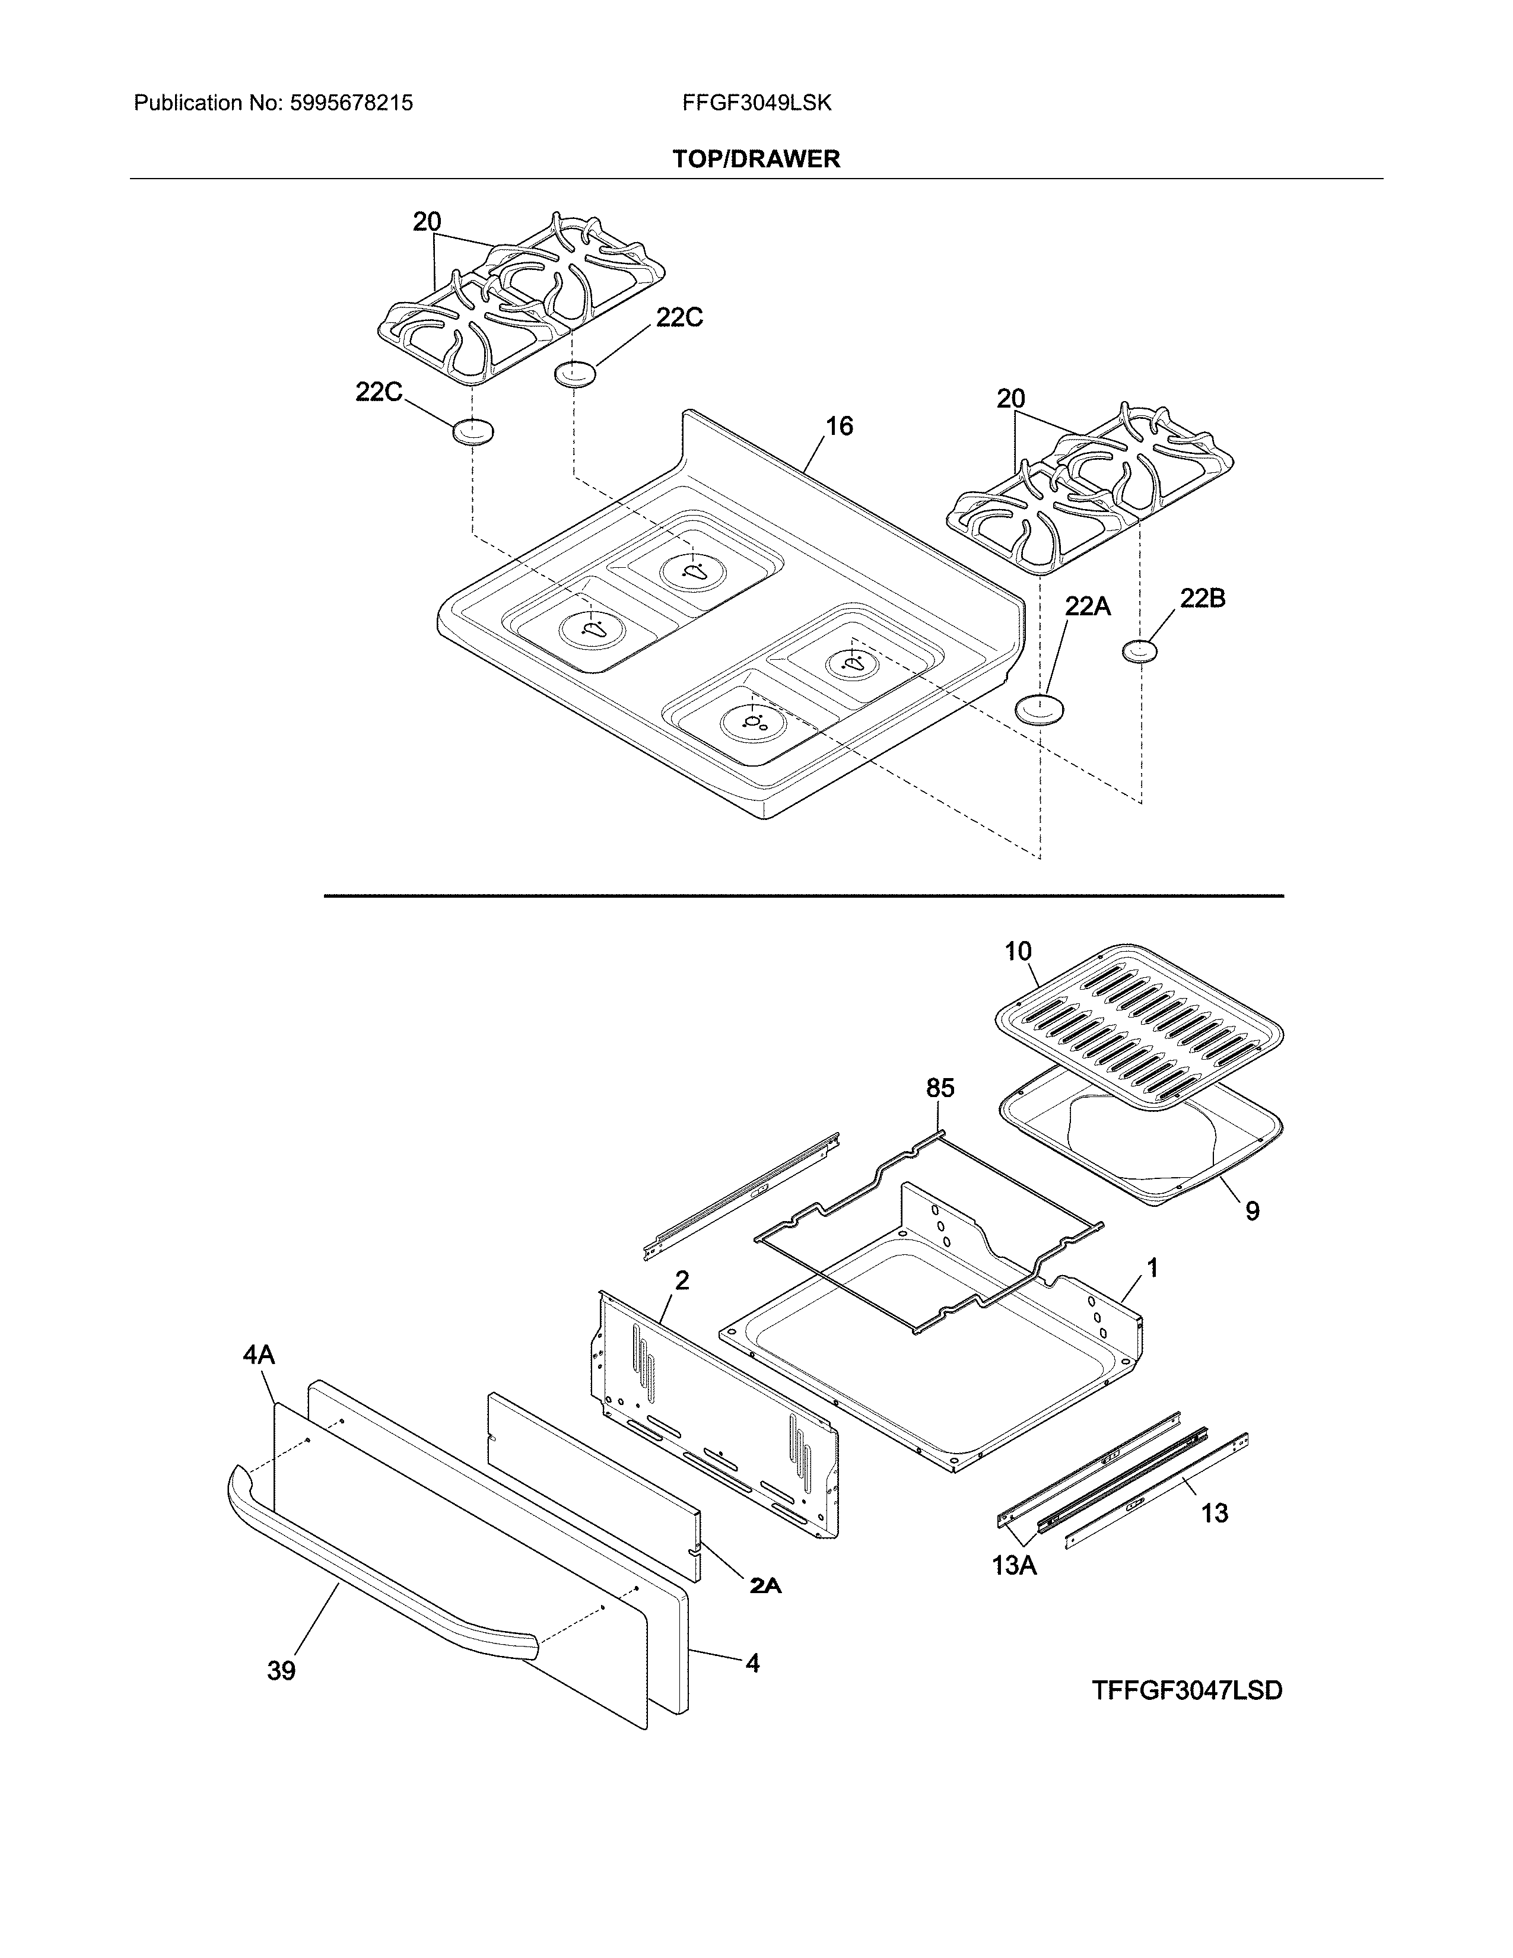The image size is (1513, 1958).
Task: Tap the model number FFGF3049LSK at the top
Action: coord(757,103)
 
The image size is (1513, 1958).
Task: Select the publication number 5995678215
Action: coord(351,103)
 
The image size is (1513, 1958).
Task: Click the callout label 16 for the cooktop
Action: coord(839,426)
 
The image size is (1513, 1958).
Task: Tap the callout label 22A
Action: coord(1087,607)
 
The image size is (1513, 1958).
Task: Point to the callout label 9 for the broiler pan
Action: coord(1252,1211)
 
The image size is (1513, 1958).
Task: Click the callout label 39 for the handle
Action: coord(281,1670)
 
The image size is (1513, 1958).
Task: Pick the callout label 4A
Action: coord(259,1355)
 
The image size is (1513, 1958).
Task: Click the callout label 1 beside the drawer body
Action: coord(1152,1268)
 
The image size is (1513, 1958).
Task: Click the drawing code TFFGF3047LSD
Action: coord(1187,1691)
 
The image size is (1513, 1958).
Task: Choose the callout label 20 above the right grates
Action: coord(1010,399)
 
